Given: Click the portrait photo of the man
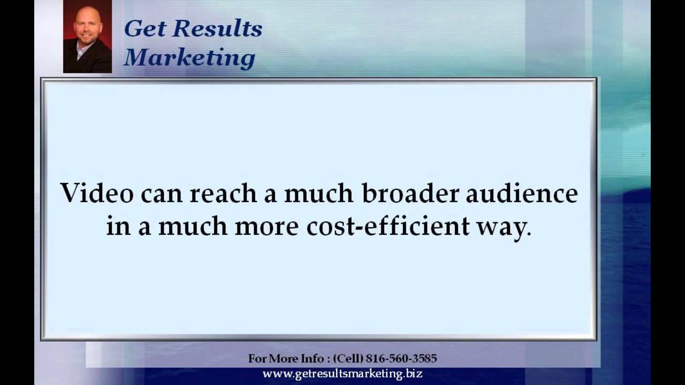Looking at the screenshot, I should [87, 36].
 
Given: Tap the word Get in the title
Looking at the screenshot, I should [141, 29].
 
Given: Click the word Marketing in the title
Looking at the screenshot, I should [189, 58].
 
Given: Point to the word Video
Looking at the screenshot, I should [97, 193].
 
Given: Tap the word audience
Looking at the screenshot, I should [522, 193].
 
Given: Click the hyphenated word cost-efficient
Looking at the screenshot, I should [388, 226].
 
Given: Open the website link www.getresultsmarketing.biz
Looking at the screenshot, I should [342, 374].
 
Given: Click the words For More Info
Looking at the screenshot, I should [287, 358].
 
